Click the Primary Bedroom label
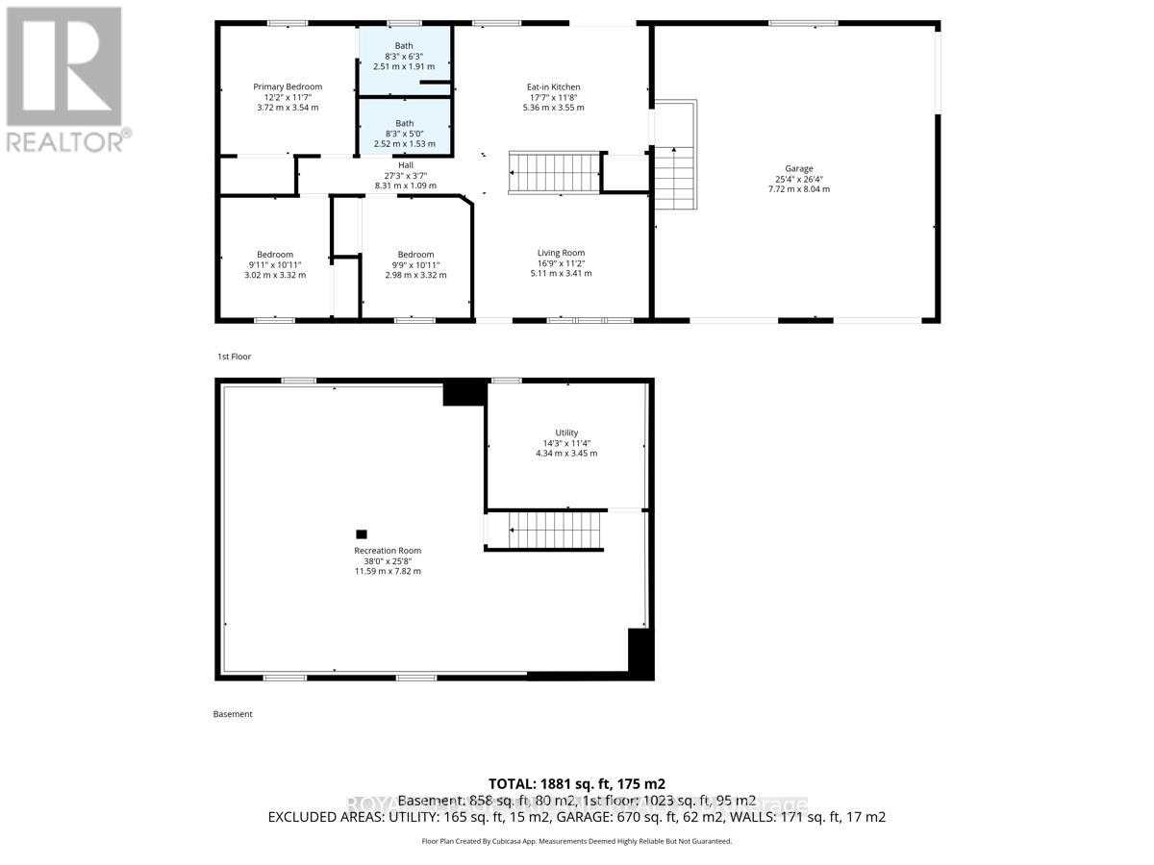coord(288,86)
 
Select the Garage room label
coord(798,168)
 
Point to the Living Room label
coord(561,253)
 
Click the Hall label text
coord(405,164)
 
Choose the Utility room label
coord(566,432)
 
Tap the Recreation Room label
coord(388,551)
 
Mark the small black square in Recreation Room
coord(362,534)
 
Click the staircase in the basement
coord(555,530)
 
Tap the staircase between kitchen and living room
coord(555,173)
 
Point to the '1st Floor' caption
coord(234,357)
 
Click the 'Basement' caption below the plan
coord(233,714)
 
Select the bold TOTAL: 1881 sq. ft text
coord(577,783)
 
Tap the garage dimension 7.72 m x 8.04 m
coord(798,189)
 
